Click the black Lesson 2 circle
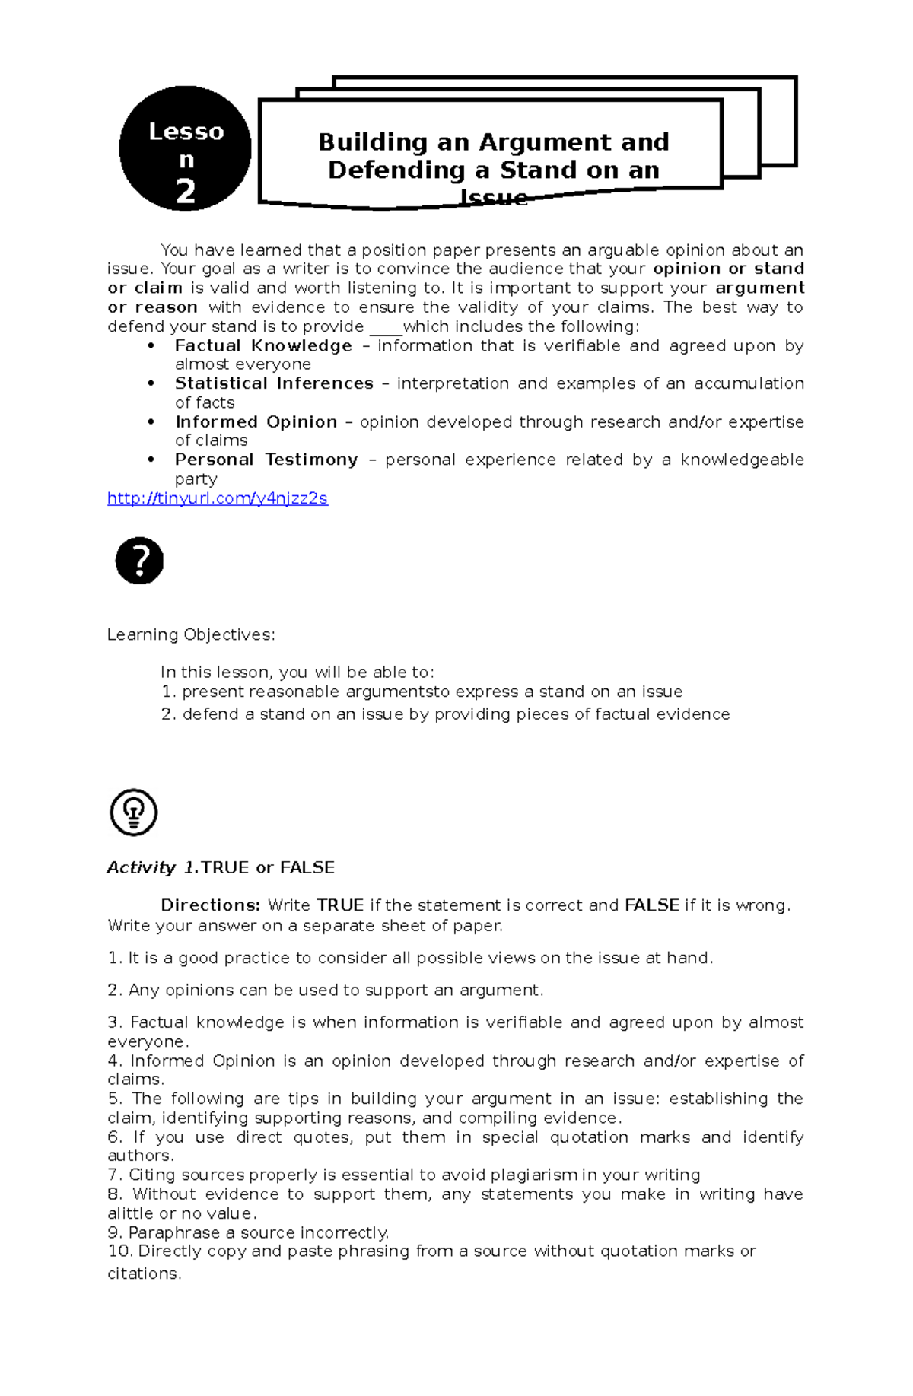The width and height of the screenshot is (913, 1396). click(x=185, y=149)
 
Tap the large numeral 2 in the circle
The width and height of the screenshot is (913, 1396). click(x=186, y=192)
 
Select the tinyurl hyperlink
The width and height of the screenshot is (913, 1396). click(x=218, y=499)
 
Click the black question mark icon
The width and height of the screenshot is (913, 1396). click(x=139, y=561)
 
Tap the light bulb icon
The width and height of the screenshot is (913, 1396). click(x=134, y=812)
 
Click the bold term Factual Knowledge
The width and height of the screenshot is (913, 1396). click(x=263, y=346)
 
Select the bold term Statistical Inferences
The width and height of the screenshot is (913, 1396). click(x=274, y=383)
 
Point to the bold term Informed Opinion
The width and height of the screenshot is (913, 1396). click(x=256, y=422)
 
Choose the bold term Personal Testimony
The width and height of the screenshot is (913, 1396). click(x=266, y=460)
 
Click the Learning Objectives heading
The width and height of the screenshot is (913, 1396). click(x=191, y=634)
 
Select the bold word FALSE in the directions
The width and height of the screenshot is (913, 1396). click(x=651, y=905)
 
